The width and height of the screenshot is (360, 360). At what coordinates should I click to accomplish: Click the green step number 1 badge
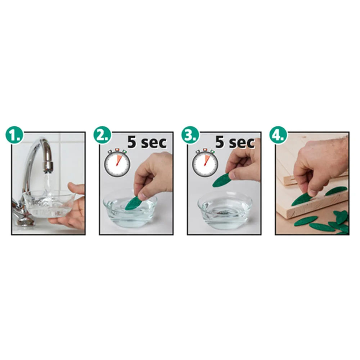pos(14,135)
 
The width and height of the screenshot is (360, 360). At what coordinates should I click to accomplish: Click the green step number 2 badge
pos(102,135)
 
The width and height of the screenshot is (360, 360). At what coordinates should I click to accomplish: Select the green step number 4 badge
pos(278,135)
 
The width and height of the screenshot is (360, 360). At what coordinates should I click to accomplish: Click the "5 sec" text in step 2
pos(147,142)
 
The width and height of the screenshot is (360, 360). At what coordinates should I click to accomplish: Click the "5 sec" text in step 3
pos(235,142)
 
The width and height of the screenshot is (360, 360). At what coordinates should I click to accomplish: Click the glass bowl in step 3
pos(225,210)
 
